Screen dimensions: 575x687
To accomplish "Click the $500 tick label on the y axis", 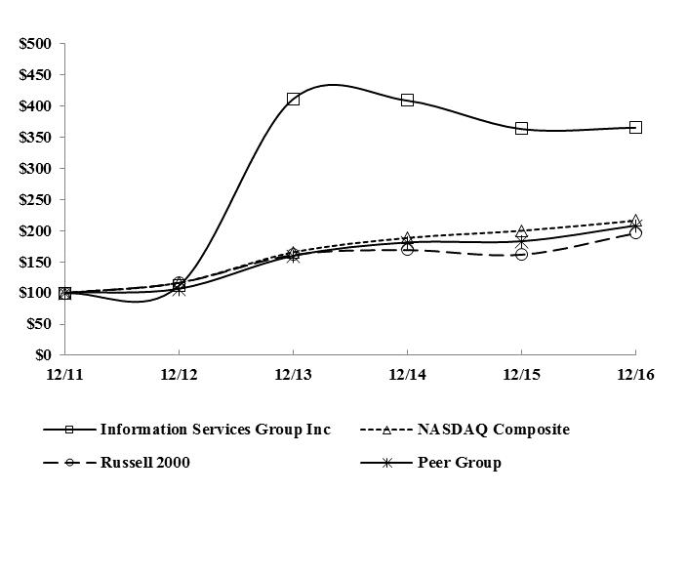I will pos(36,44).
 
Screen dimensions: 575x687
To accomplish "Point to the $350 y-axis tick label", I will pos(36,138).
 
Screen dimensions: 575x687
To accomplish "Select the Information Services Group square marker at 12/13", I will pos(293,99).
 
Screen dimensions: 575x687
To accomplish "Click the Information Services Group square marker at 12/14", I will pos(407,100).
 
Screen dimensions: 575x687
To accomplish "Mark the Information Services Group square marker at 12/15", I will pos(521,128).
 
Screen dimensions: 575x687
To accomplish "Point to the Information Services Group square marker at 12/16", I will pos(635,127).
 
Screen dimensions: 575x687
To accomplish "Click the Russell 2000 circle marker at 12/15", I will pos(521,254).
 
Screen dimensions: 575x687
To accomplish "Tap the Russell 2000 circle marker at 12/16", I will pos(635,233).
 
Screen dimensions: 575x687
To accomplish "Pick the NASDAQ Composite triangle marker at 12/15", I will pos(521,231).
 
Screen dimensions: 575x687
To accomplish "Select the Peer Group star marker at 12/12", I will pos(179,289).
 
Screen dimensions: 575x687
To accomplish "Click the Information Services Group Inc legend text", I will pos(215,430).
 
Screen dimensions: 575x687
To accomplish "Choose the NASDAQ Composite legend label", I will pos(493,430).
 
